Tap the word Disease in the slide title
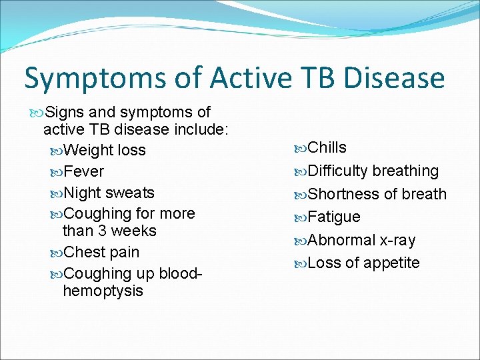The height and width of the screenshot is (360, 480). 393,78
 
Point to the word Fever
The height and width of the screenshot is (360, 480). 84,171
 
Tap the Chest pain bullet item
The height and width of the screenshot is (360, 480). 101,252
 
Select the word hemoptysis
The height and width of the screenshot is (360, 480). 103,291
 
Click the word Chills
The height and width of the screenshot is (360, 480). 327,147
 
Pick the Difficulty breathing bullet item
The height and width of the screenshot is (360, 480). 373,171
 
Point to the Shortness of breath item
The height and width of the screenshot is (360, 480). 377,194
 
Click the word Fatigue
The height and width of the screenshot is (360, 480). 334,217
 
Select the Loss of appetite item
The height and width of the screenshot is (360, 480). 364,263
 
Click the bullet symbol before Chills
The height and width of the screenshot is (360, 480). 299,148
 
